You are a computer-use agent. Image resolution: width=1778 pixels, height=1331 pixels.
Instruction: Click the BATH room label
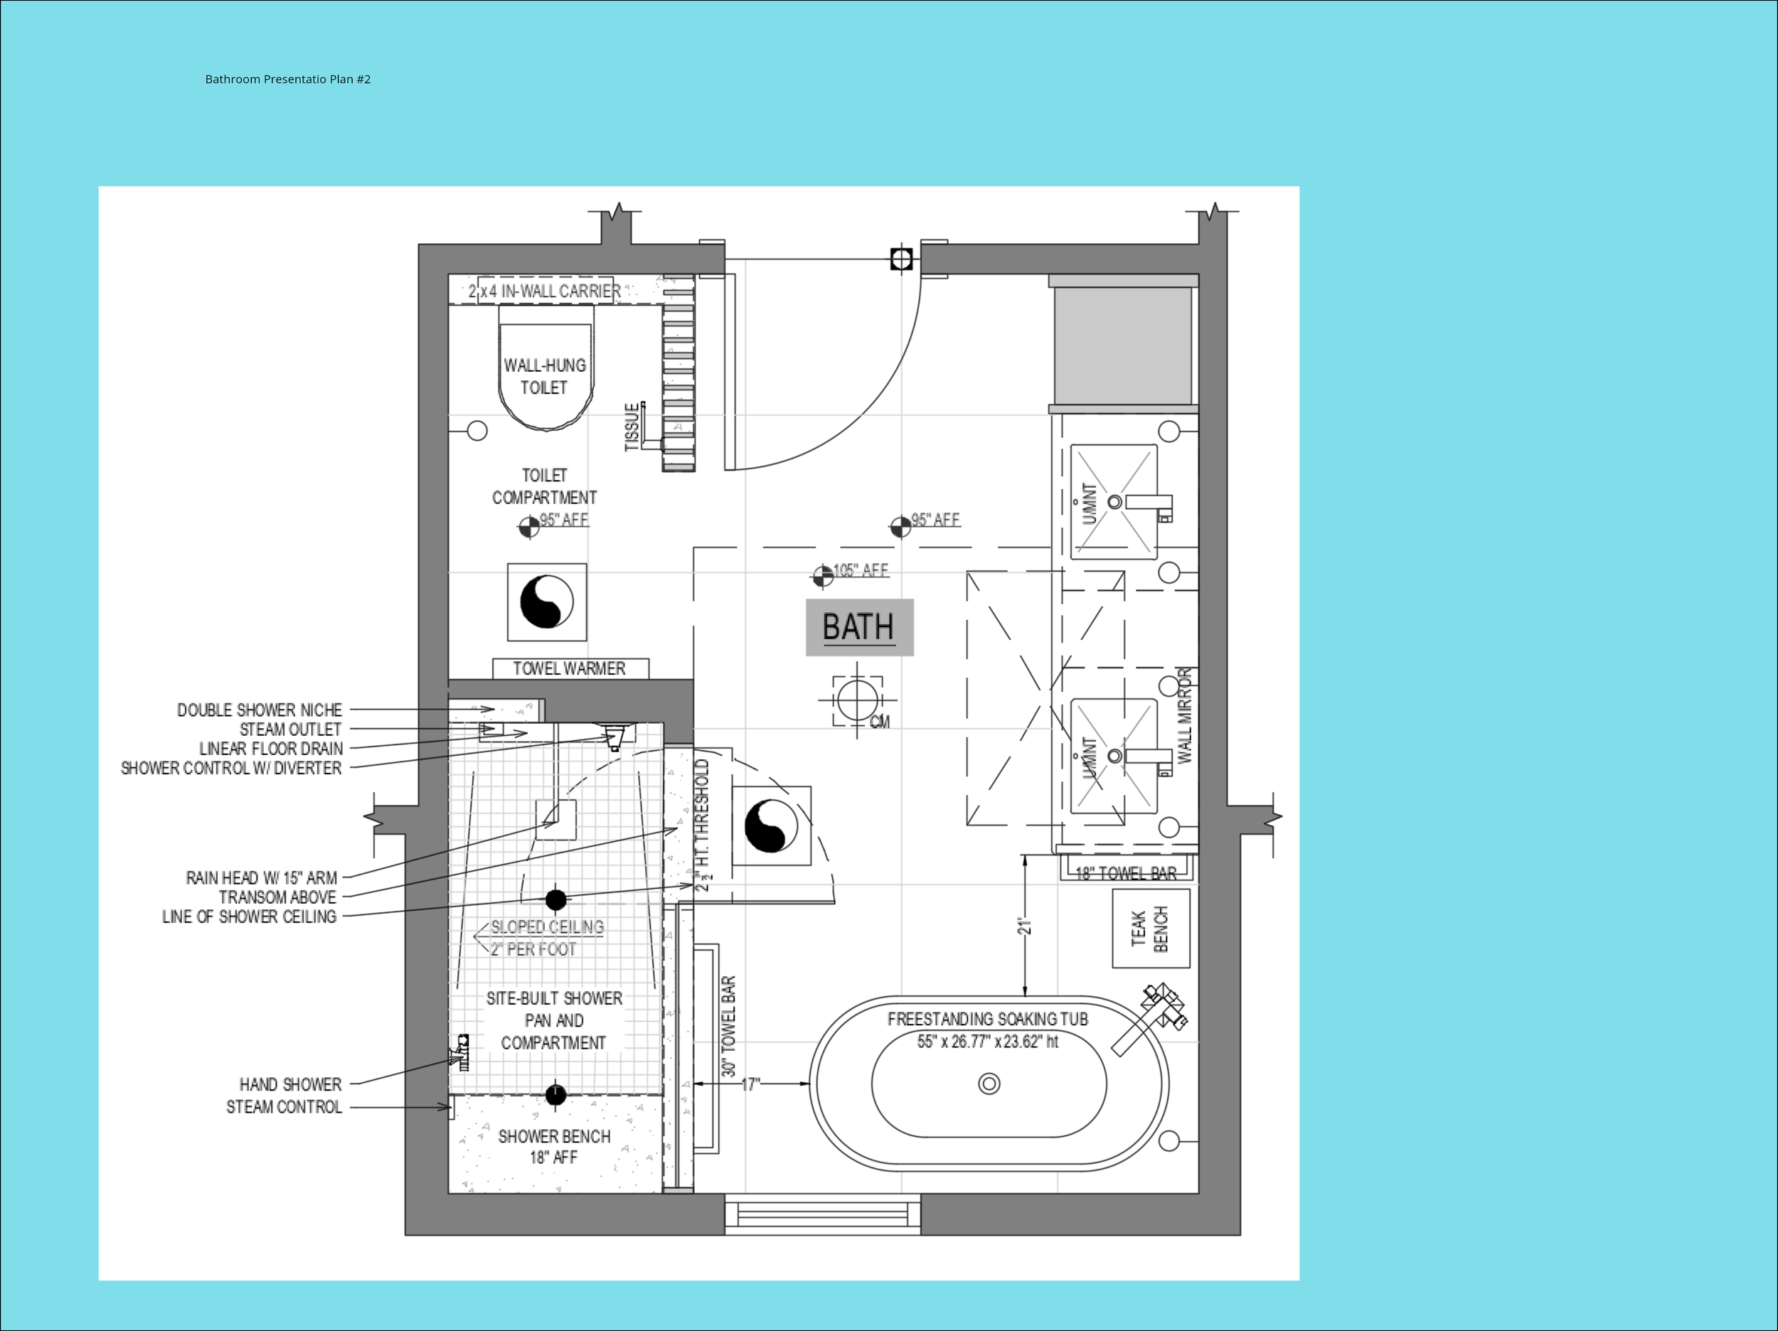tap(858, 627)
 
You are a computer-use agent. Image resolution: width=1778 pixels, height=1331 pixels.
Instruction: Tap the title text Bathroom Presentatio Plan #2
tap(288, 79)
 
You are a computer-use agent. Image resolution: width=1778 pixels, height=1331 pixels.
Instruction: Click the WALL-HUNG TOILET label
tap(544, 376)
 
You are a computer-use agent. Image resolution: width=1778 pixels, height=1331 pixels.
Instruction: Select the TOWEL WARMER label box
tap(570, 668)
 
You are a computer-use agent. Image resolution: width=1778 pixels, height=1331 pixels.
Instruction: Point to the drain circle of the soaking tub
tap(989, 1084)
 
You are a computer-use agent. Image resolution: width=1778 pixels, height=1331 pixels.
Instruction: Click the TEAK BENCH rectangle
tap(1150, 929)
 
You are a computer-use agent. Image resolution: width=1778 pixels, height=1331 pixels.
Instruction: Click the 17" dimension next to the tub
tap(750, 1084)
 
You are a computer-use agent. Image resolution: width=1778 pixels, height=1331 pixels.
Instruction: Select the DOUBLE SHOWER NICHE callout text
tap(259, 710)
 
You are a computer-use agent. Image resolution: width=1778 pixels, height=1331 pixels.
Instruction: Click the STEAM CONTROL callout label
tap(284, 1107)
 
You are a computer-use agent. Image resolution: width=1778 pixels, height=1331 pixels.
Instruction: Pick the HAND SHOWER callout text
tap(290, 1084)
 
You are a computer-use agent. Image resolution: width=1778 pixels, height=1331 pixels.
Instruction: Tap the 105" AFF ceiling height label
tap(860, 571)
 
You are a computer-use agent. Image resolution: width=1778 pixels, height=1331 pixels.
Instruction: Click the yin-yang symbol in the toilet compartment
tap(547, 602)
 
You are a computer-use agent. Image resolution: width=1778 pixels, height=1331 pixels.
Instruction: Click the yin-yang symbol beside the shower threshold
tap(771, 825)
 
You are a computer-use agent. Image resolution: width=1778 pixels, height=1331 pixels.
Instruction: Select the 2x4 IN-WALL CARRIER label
tap(544, 291)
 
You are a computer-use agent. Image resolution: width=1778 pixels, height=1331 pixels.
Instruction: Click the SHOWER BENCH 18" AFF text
tap(554, 1146)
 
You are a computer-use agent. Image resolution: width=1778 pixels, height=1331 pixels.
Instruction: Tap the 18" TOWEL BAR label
tap(1125, 873)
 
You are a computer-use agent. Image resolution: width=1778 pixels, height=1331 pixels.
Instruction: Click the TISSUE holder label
tap(632, 427)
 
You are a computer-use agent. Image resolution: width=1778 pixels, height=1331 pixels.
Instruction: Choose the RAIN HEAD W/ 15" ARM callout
tap(261, 877)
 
